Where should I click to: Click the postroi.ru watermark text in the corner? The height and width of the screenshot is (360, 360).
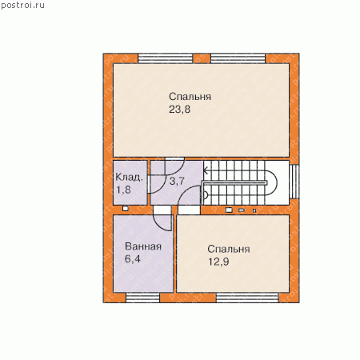pos(22,6)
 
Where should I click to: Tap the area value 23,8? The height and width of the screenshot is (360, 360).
pos(179,110)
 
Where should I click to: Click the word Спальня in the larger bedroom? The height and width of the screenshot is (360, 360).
pos(190,97)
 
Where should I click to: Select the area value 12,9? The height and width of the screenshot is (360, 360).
pos(218,262)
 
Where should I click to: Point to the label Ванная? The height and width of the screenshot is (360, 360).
pos(143,246)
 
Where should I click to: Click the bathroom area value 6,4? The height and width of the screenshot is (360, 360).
pos(133,259)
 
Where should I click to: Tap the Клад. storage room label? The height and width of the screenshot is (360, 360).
pos(129,177)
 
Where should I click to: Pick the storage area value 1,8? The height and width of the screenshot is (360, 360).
pos(123,190)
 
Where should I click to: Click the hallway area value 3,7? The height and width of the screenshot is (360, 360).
pos(177,182)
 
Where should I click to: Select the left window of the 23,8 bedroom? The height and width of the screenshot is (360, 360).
pos(166,58)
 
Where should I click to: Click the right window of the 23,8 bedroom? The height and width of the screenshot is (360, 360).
pos(238,58)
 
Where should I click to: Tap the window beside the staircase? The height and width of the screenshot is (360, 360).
pos(294,182)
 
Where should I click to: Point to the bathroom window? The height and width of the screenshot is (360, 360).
pos(143,298)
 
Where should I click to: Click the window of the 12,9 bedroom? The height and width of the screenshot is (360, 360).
pos(247,298)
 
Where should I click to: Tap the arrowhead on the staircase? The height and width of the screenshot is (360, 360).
pos(206,170)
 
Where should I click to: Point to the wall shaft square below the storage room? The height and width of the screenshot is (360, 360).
pos(126,209)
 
